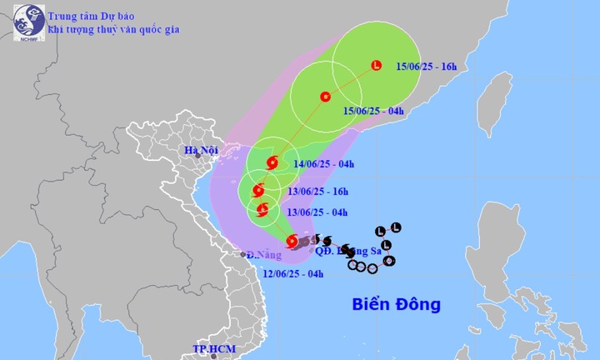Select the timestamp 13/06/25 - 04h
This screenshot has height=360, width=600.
(317, 211)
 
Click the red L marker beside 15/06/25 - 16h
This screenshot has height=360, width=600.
(376, 65)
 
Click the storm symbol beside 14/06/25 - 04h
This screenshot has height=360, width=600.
(271, 163)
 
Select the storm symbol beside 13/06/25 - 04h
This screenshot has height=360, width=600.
(263, 209)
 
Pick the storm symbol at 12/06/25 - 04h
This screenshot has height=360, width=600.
(292, 242)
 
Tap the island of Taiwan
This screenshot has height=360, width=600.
(498, 104)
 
